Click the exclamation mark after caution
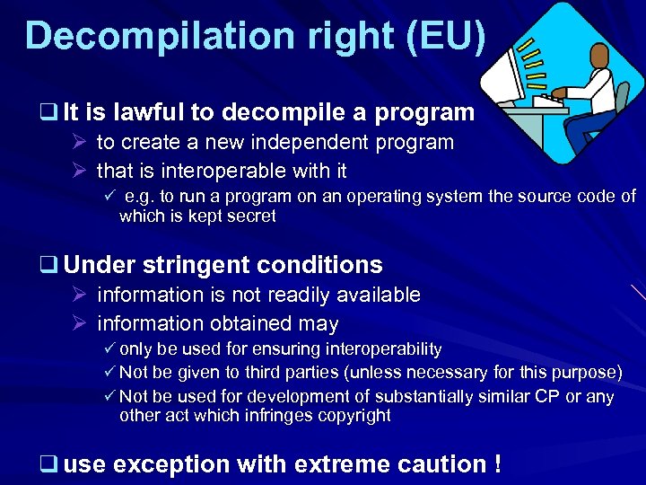pyautogui.click(x=495, y=464)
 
